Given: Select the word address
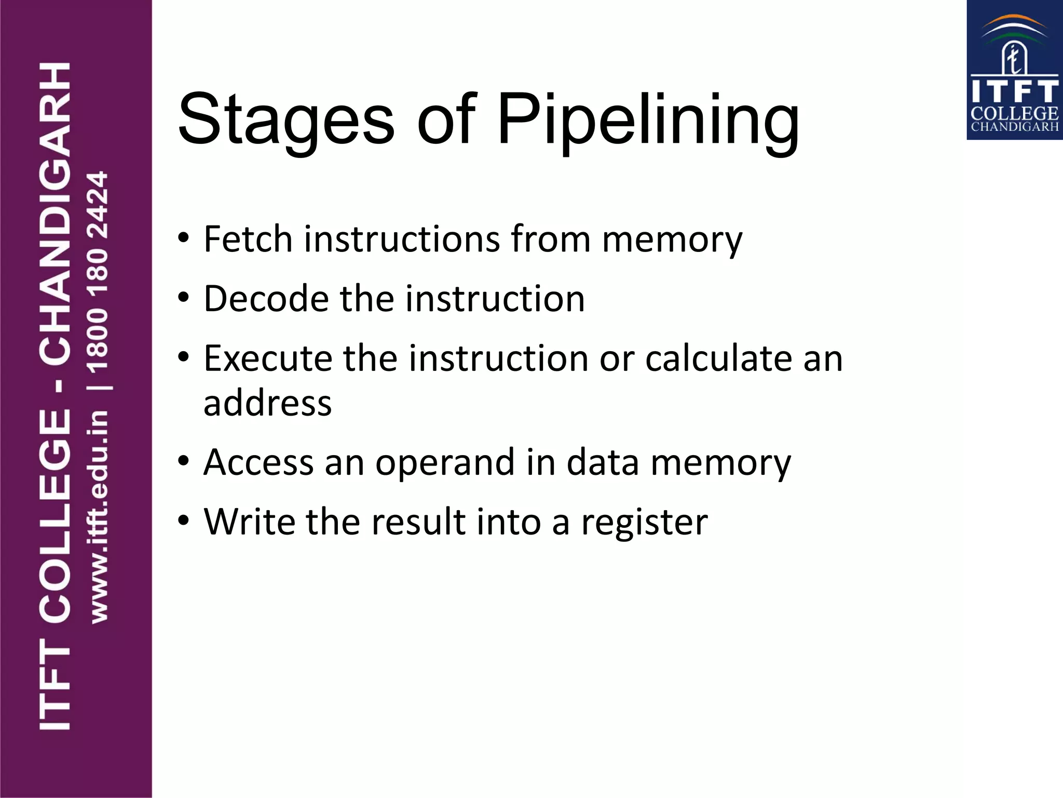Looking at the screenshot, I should pyautogui.click(x=267, y=403).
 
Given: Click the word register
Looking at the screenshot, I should pyautogui.click(x=644, y=523).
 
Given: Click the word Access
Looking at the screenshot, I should pyautogui.click(x=258, y=462).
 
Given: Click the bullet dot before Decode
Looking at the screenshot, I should pyautogui.click(x=183, y=298).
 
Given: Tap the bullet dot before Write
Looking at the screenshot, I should pyautogui.click(x=183, y=521).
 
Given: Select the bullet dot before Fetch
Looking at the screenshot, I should pyautogui.click(x=183, y=238).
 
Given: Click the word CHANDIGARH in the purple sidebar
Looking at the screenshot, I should pyautogui.click(x=55, y=213).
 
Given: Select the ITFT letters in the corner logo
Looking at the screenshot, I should pyautogui.click(x=1014, y=91).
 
